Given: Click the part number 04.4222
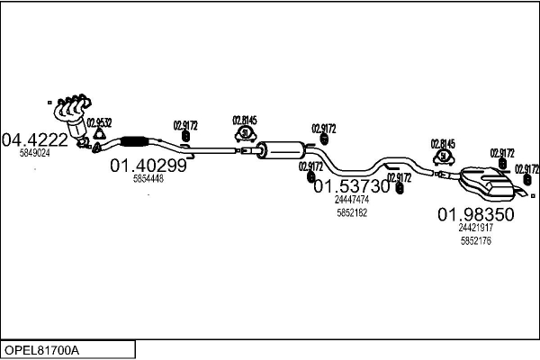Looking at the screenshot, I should point(34,139).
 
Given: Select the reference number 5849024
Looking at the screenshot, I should point(34,153).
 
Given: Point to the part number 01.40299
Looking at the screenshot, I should point(148,166).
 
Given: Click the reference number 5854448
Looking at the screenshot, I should point(148,179).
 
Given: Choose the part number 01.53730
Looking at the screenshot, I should point(351,186).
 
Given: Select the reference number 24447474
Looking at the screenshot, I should point(352,200).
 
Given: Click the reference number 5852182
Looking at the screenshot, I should point(352,212).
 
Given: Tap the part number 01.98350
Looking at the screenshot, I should point(475,215).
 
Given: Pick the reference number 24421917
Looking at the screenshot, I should point(475,229).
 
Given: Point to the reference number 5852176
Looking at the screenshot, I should point(475,240).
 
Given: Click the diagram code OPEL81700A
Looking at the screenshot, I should point(42,348).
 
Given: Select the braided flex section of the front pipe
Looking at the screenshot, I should point(133,139).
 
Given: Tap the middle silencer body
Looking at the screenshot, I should point(281,149).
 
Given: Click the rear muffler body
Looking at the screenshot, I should point(486,183).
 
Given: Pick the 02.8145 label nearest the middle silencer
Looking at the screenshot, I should point(244,120).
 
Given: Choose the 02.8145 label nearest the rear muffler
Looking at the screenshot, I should point(443,143).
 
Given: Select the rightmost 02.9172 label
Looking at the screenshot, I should point(527,168).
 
